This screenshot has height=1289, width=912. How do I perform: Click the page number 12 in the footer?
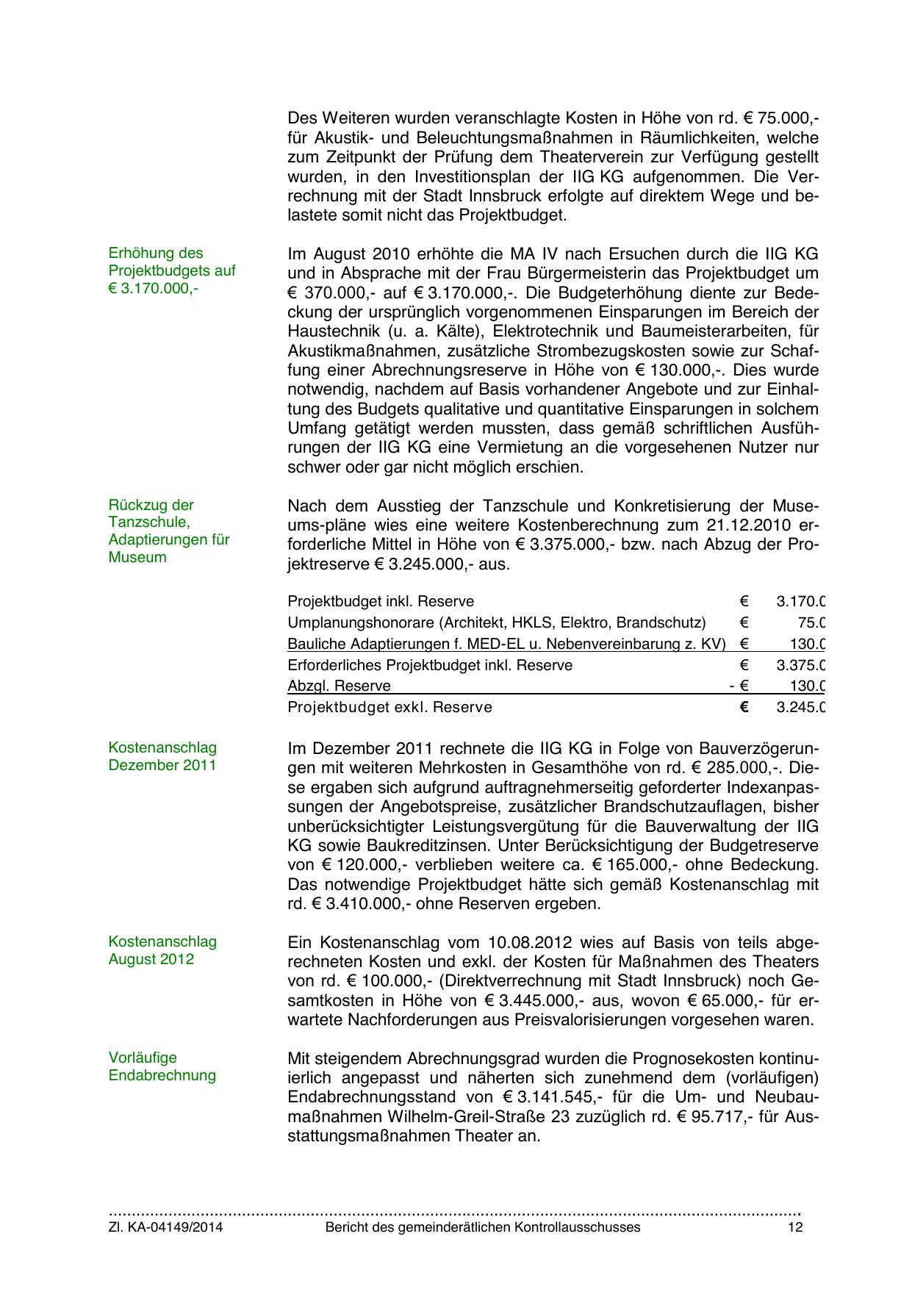795,1227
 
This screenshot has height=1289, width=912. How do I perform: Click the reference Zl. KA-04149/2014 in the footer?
165,1227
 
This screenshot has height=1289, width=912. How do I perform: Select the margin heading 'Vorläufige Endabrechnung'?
162,1066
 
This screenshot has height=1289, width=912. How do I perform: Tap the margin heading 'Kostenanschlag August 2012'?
162,950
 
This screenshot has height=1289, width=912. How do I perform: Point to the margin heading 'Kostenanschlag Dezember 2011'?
162,756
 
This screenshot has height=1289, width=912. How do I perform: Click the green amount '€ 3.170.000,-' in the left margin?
153,288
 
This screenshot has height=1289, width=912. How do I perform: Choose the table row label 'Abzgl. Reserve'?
339,686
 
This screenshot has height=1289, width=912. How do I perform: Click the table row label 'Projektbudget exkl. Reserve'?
389,708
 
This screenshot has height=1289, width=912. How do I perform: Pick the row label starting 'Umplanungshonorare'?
496,623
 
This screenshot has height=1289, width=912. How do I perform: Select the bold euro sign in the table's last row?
744,708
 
